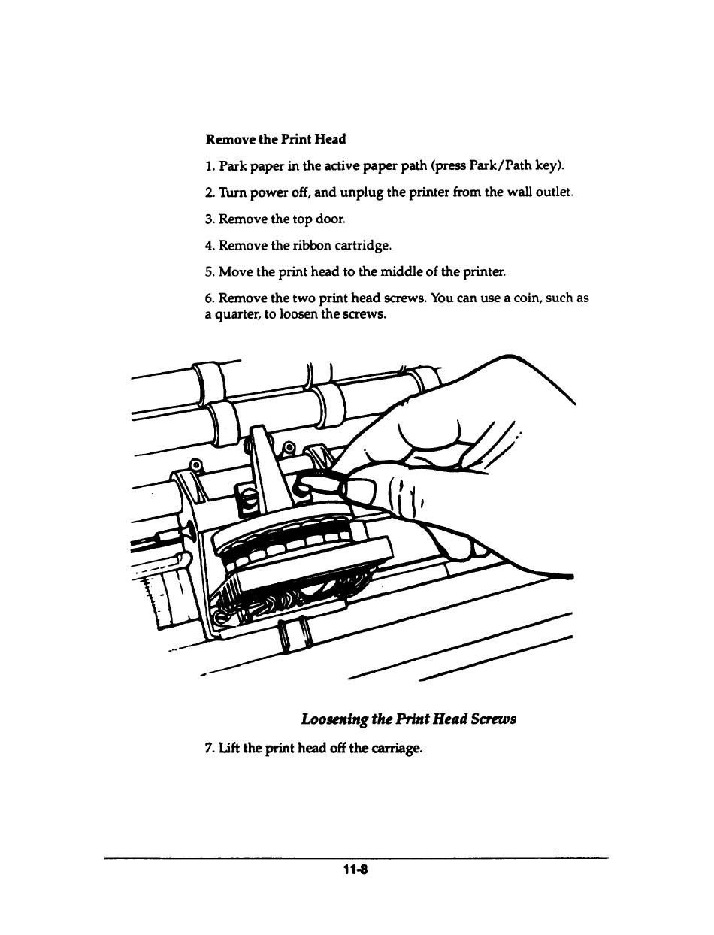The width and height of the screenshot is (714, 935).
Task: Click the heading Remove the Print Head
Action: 276,139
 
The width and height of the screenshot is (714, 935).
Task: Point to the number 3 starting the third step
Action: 208,219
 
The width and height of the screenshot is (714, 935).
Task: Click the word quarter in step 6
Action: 231,314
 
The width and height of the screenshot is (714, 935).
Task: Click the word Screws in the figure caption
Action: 492,719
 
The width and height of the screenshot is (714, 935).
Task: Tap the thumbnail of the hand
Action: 363,492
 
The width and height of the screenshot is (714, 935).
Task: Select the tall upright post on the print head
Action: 262,466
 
